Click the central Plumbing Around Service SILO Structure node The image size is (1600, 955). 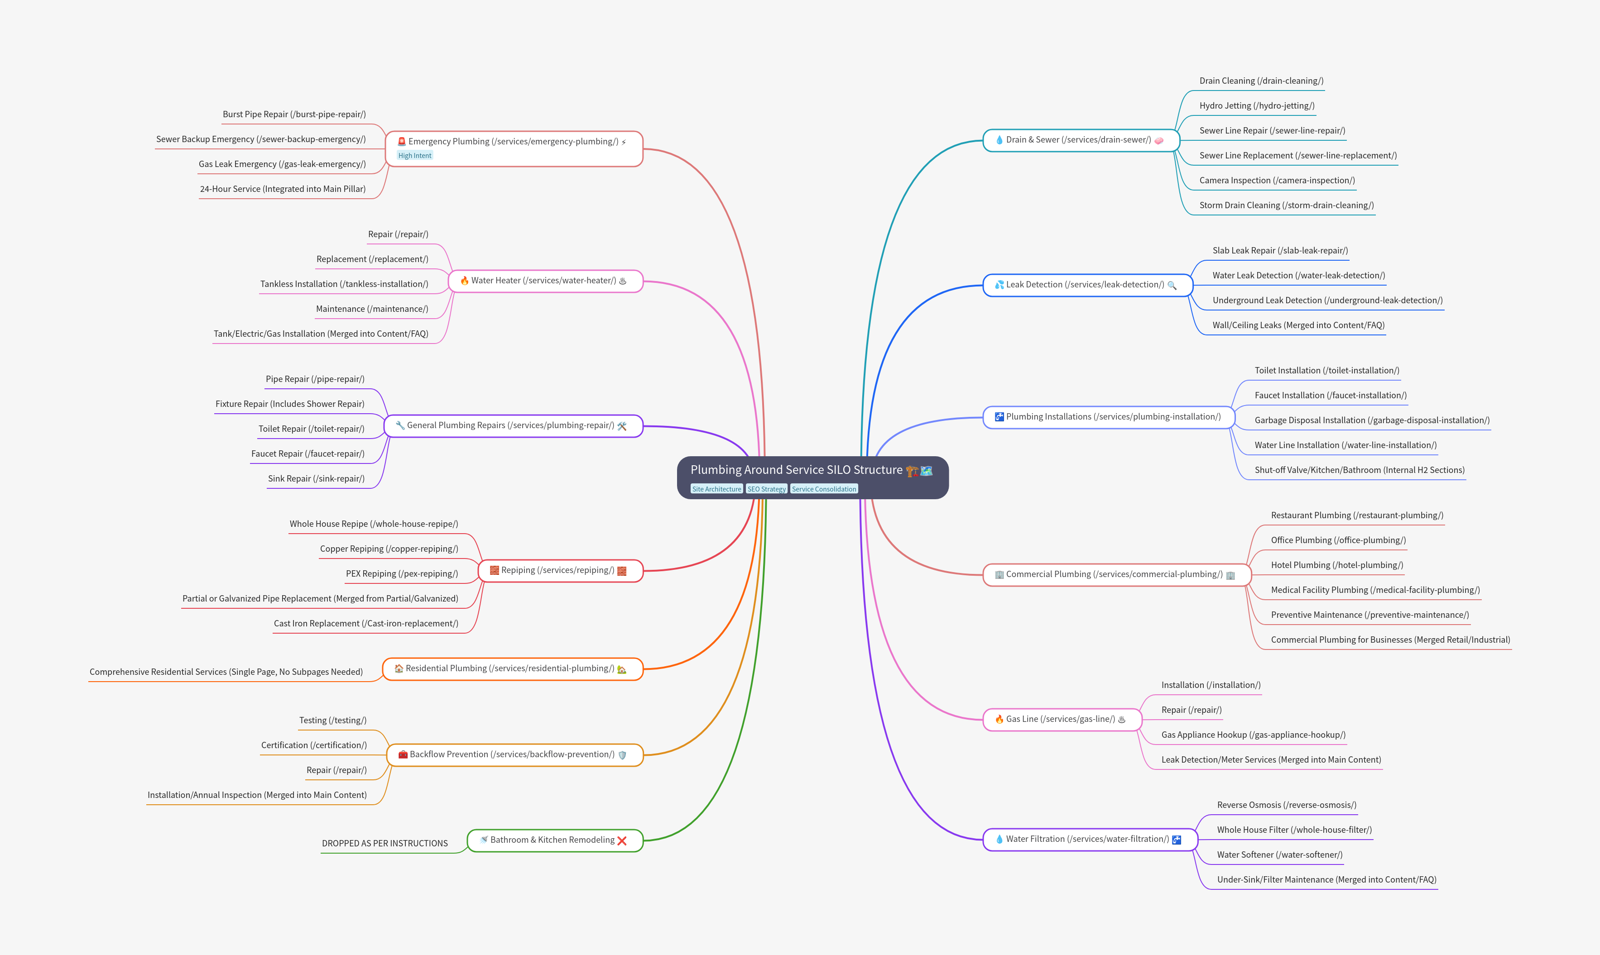point(812,477)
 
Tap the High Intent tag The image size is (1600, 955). point(415,156)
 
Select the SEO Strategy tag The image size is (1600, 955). point(766,489)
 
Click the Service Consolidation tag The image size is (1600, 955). point(824,489)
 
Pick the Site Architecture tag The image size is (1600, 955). point(716,489)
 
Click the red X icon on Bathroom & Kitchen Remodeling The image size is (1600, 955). point(622,840)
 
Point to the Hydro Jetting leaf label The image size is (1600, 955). point(1257,105)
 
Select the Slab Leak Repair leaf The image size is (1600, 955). point(1280,250)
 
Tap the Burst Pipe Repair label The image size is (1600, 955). point(294,115)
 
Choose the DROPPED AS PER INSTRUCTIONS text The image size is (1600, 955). point(385,843)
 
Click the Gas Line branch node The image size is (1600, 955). point(1062,720)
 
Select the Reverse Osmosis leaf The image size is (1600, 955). point(1287,805)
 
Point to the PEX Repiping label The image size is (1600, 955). point(402,573)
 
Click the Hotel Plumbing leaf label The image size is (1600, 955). point(1337,565)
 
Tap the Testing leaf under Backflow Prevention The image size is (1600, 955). point(333,720)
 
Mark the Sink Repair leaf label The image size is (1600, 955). point(316,479)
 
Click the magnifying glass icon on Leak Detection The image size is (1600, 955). point(1172,285)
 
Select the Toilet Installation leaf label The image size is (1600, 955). point(1326,371)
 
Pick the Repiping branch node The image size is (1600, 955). point(561,571)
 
